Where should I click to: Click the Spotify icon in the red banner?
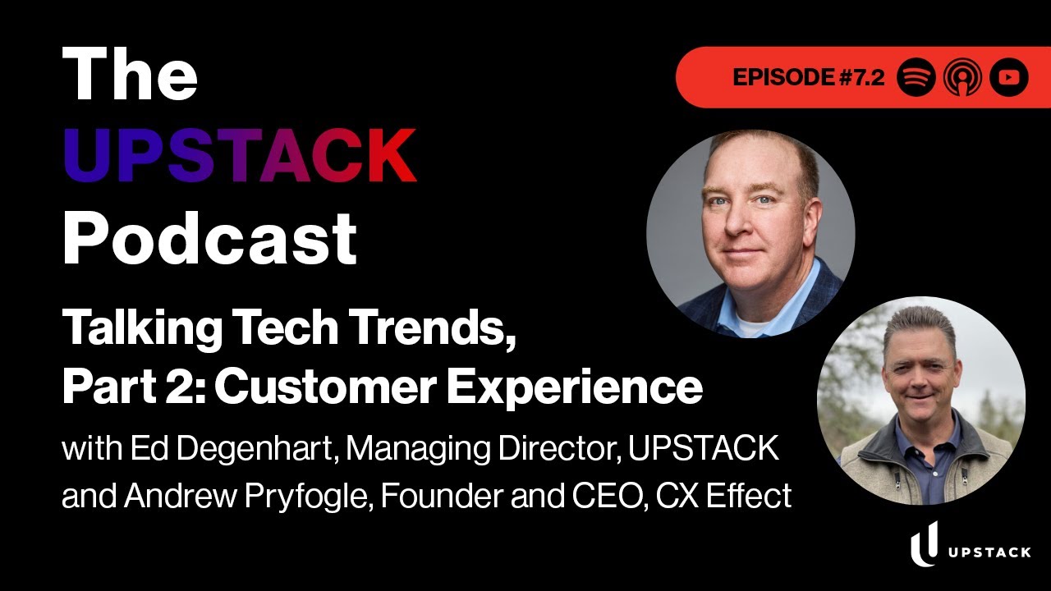pyautogui.click(x=916, y=78)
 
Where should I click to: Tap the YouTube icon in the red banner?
pyautogui.click(x=1009, y=78)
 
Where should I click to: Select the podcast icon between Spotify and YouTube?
pyautogui.click(x=962, y=78)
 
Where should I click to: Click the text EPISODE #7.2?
pyautogui.click(x=809, y=78)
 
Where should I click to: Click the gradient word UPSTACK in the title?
pyautogui.click(x=240, y=156)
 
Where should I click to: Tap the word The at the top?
pyautogui.click(x=131, y=76)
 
